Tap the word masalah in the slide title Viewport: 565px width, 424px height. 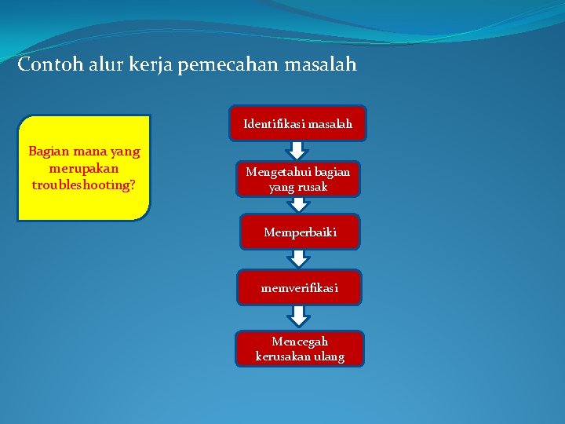pyautogui.click(x=324, y=64)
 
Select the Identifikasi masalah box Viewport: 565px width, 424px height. pyautogui.click(x=297, y=123)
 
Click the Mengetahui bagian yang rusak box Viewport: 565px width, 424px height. pyautogui.click(x=297, y=179)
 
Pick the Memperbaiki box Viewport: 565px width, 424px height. pyautogui.click(x=300, y=232)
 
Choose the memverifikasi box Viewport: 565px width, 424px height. pyautogui.click(x=300, y=288)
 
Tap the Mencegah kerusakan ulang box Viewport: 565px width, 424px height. pyautogui.click(x=300, y=349)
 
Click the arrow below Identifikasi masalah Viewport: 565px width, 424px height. pyautogui.click(x=297, y=151)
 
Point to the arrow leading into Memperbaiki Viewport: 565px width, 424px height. pyautogui.click(x=299, y=205)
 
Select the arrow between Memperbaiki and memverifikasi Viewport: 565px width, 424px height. pyautogui.click(x=299, y=259)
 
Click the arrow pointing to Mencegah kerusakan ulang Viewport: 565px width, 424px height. pyautogui.click(x=299, y=316)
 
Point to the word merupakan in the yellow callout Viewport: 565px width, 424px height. pyautogui.click(x=83, y=168)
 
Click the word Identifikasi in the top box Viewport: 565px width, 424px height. pyautogui.click(x=274, y=123)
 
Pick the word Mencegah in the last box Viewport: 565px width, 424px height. pyautogui.click(x=300, y=342)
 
